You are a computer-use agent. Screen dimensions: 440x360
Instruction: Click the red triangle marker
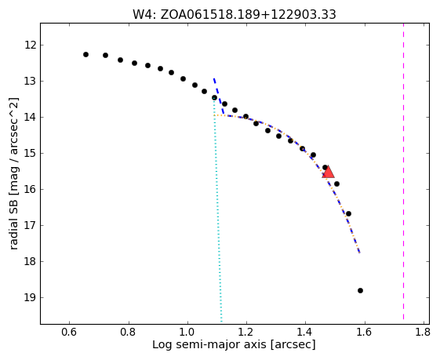tap(328, 172)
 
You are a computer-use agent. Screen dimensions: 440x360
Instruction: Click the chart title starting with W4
tap(235, 14)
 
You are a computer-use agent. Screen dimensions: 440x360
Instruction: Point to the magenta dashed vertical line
tap(403, 172)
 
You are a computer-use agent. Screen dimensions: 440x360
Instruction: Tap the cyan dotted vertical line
tap(218, 210)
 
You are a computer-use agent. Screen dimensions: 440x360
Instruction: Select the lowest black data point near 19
tap(360, 290)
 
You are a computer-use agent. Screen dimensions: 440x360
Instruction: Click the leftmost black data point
tap(85, 54)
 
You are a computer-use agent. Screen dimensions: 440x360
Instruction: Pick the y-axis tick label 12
tap(31, 45)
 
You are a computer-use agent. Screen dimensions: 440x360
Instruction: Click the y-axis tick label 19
tap(31, 297)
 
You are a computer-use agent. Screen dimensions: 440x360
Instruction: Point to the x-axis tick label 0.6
tap(69, 333)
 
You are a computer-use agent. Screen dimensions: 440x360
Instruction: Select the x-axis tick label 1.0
tap(187, 333)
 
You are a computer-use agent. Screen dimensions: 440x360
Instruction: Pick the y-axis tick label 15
tap(31, 153)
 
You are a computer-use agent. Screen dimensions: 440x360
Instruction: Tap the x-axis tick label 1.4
tap(305, 333)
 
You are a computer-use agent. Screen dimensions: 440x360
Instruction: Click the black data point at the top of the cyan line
tap(214, 97)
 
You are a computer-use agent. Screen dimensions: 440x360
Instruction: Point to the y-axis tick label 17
tap(31, 225)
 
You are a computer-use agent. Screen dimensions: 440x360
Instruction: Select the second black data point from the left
tap(106, 55)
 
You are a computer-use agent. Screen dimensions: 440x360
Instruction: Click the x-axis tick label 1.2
tap(246, 333)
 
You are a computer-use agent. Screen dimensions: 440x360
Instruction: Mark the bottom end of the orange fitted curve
tap(359, 253)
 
